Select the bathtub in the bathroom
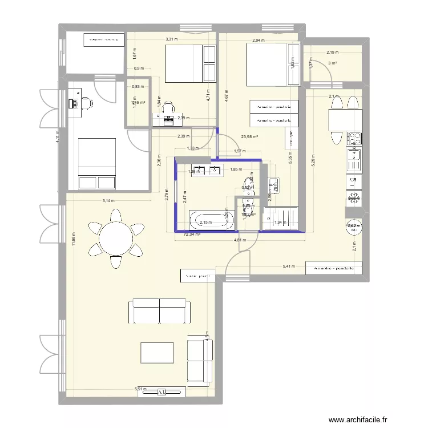pos(212,220)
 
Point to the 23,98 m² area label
pos(249,137)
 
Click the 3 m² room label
pos(333,63)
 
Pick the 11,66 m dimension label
pos(73,238)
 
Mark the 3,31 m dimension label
pos(171,39)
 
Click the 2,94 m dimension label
pos(259,41)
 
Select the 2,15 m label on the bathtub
pos(205,223)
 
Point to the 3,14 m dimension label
pos(108,200)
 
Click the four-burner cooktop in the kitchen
pos(354,139)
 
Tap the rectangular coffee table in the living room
pos(157,352)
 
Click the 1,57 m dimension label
pos(240,151)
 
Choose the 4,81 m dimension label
pos(240,240)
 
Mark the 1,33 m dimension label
pos(193,148)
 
